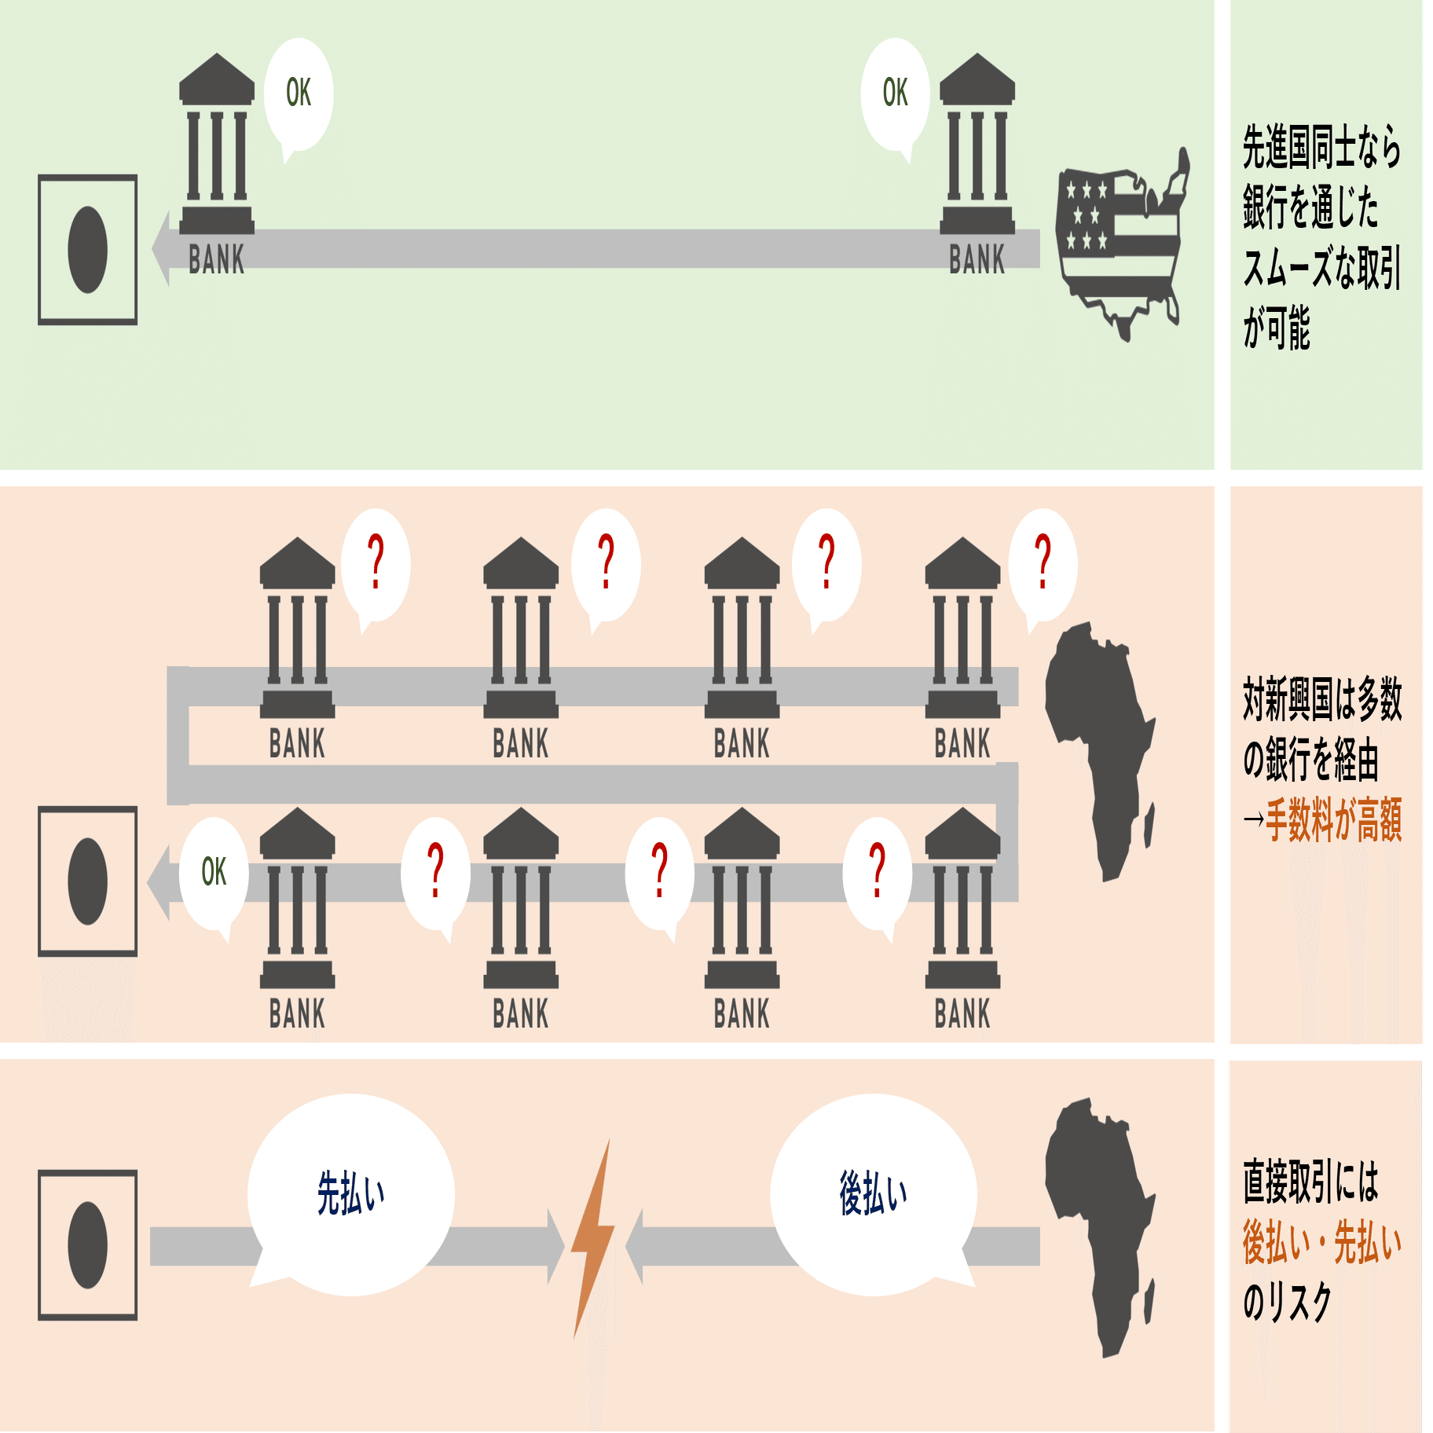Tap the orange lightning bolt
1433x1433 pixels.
593,1237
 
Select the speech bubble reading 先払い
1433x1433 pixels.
350,1194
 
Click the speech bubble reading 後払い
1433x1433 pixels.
873,1194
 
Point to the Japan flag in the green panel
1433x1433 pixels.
87,250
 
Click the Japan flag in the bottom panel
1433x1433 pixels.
87,1245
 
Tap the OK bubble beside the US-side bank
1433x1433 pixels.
895,94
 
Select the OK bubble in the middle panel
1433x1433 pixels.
214,873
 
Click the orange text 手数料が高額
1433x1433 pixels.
1333,819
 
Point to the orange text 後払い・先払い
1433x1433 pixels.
1321,1243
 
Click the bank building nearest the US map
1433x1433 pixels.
977,145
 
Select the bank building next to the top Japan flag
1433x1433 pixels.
217,145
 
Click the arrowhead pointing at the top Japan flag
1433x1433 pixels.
161,248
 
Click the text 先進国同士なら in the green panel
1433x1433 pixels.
1321,148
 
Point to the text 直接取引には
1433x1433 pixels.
1310,1182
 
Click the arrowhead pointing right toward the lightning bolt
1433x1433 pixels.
555,1246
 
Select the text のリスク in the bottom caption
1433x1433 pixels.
1287,1302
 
